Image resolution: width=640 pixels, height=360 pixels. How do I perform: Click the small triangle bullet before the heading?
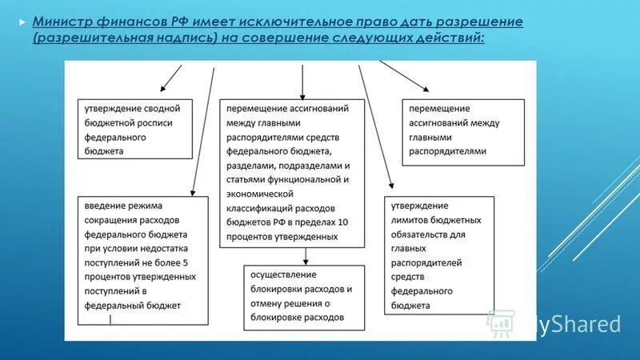(22, 22)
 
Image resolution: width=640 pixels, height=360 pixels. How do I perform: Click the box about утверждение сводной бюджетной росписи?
(134, 128)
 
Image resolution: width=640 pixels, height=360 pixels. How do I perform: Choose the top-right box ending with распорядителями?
(463, 131)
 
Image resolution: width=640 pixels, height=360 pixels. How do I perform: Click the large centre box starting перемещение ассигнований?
(292, 172)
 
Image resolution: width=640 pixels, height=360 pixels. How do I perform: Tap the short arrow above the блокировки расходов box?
(305, 255)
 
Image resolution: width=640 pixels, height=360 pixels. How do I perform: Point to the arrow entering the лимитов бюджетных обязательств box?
(376, 128)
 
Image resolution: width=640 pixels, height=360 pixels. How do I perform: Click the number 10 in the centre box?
(344, 222)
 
